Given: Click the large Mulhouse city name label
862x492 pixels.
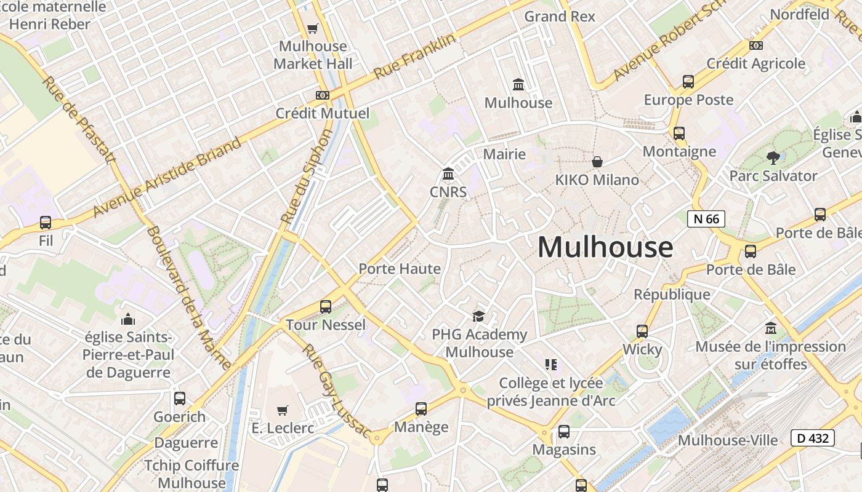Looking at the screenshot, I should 605,247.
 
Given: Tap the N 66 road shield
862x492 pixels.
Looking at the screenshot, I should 706,218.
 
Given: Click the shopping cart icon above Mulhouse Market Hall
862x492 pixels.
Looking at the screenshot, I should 313,28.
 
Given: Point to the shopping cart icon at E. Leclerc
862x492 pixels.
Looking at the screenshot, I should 283,410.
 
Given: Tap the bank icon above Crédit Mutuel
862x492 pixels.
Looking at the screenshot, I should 322,95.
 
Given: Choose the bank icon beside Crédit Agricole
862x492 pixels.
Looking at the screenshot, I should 756,46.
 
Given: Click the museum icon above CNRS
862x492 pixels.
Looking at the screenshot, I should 448,175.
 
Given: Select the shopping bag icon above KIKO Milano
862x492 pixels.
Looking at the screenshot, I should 597,162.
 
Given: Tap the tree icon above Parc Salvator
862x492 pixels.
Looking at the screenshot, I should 773,158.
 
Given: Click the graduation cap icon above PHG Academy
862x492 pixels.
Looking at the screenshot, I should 478,317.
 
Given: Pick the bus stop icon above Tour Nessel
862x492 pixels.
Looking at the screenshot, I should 326,306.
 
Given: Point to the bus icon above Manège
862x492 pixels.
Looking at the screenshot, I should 421,408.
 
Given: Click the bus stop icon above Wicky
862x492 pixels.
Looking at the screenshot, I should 642,331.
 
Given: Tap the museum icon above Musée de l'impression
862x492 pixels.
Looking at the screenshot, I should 770,328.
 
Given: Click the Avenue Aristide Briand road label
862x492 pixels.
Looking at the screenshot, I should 167,178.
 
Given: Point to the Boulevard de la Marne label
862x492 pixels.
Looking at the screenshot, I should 189,298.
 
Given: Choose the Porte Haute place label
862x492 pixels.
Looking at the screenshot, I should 400,269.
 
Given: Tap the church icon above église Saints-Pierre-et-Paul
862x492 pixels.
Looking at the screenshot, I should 128,319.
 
